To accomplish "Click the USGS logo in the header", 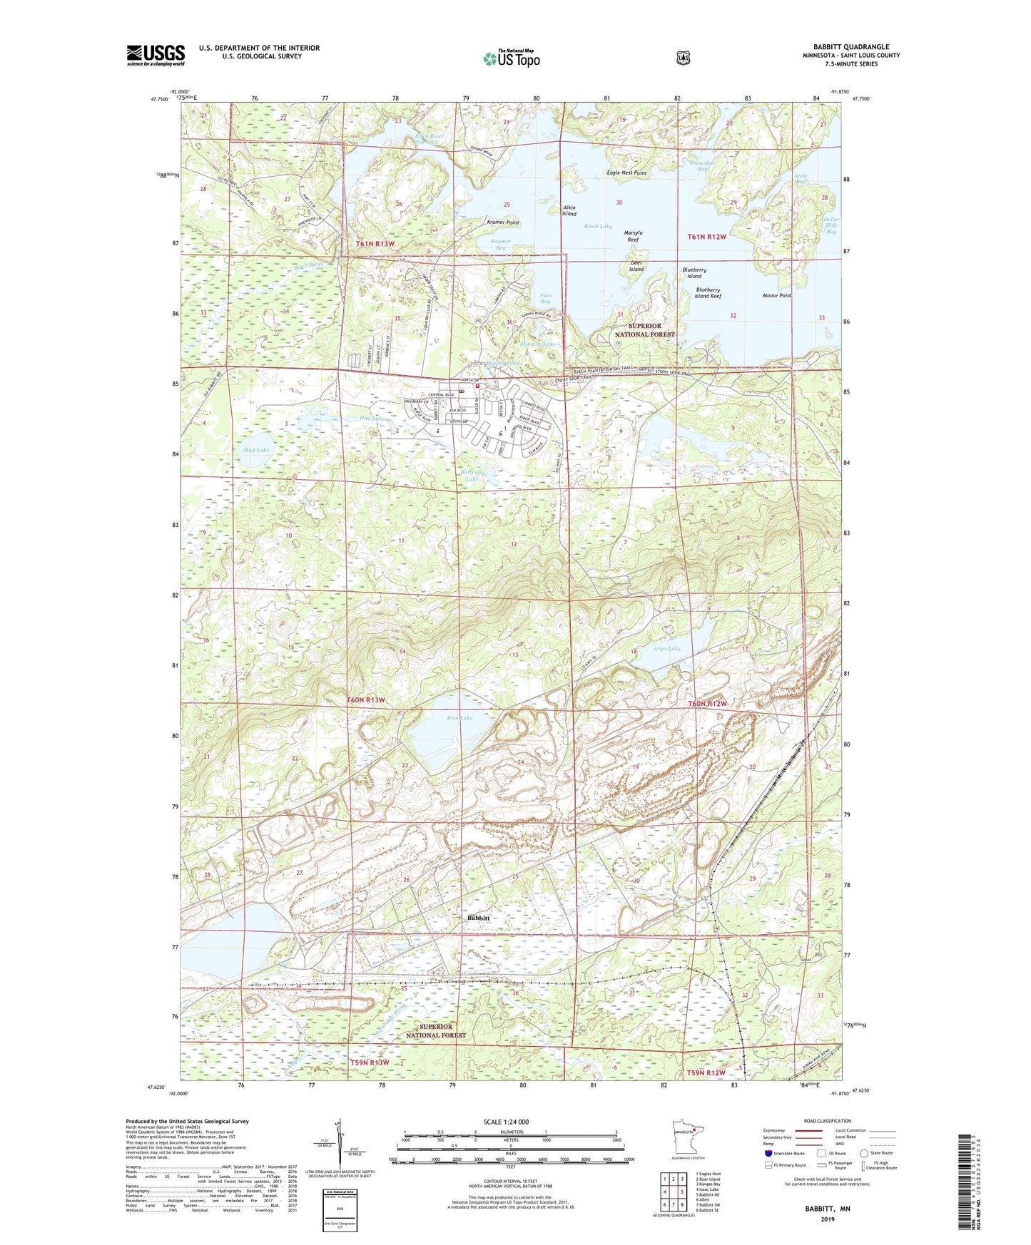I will pos(156,55).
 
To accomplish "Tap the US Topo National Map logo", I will pos(510,58).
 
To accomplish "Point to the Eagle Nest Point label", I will pos(626,173).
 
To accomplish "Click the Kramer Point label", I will pos(502,222).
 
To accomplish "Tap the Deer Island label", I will pos(636,266).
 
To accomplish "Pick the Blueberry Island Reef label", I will pos(708,293).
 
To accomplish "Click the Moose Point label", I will pos(777,295).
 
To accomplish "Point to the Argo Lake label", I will pos(667,649).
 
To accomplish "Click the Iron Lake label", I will pos(460,718).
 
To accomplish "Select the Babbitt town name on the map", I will pos(477,918).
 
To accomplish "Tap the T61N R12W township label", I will pos(706,237).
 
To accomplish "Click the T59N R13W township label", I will pos(369,1062).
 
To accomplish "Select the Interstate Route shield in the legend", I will pos(768,1152).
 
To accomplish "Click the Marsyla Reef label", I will pos(633,236).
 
